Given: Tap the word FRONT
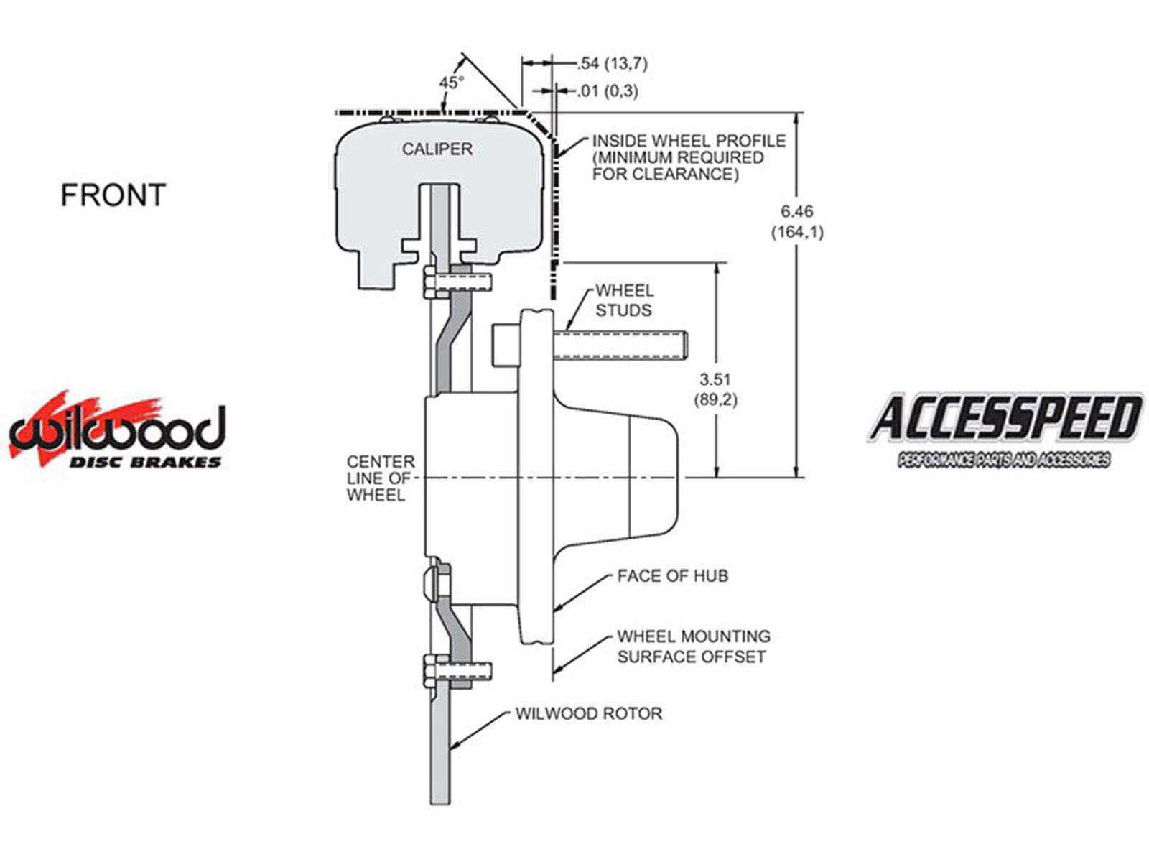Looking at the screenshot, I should point(113,195).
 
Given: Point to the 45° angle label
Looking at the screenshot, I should point(452,82).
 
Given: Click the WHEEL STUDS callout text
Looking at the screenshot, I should point(624,300).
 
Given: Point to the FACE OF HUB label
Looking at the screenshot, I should point(672,575).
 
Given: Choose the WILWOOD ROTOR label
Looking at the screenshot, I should point(588,713).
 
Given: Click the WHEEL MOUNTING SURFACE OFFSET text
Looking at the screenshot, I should point(693,646).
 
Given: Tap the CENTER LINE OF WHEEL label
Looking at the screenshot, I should point(381,478).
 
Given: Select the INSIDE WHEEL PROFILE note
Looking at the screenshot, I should point(688,157).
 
